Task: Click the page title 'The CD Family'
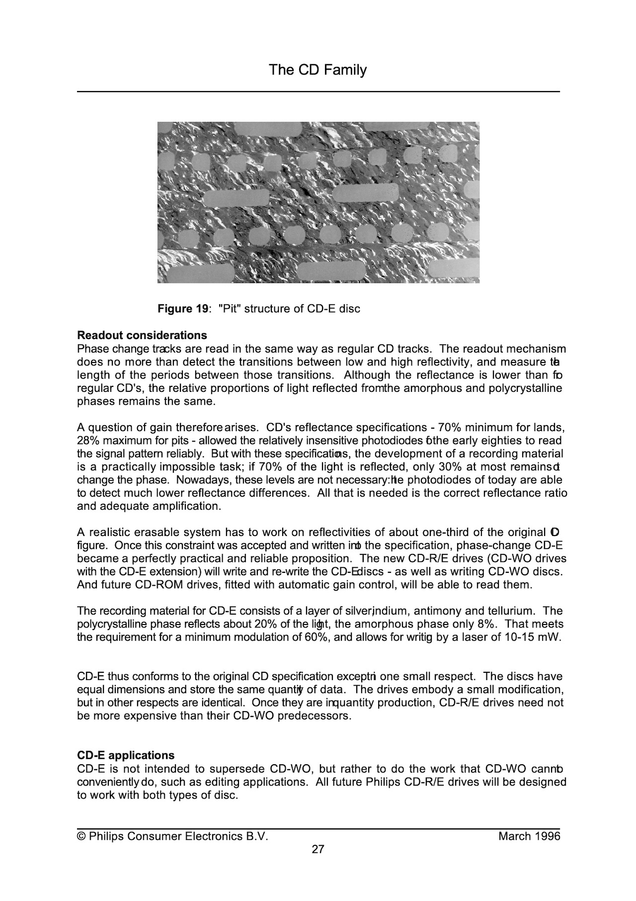click(318, 70)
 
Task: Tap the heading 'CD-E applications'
click(126, 756)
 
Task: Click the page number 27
click(318, 849)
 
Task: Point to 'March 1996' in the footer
click(529, 836)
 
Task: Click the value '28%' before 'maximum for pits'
click(88, 441)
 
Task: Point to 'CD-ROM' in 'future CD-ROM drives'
click(159, 585)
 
